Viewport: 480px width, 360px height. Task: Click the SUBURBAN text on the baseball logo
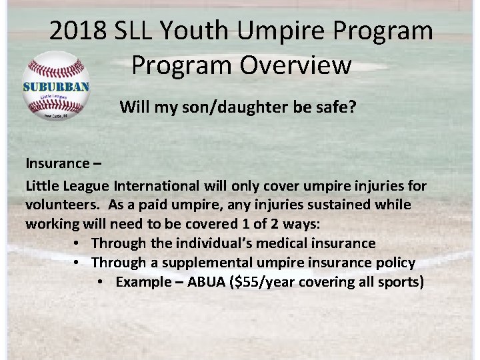(x=56, y=87)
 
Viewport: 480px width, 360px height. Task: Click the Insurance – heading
(x=61, y=163)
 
